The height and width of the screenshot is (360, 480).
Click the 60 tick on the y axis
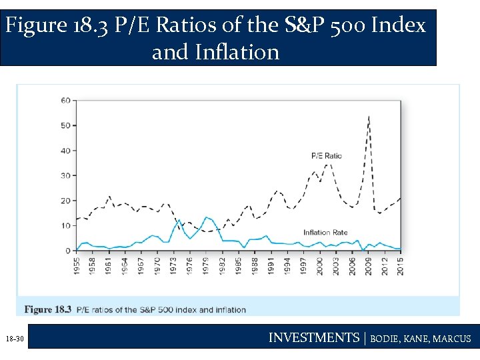(x=65, y=101)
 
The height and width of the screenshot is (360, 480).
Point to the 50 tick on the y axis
(x=65, y=125)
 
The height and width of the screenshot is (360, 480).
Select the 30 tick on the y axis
(x=65, y=175)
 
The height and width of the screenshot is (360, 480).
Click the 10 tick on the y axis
(x=65, y=225)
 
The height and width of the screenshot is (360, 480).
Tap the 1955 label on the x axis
(x=77, y=266)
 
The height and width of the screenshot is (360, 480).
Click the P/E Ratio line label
(x=327, y=156)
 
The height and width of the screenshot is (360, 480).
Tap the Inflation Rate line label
(x=325, y=233)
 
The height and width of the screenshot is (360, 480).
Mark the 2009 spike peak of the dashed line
(x=369, y=117)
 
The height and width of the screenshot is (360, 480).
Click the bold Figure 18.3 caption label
(x=48, y=309)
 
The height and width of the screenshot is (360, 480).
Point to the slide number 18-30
(x=15, y=339)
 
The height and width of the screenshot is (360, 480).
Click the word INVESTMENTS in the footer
(x=313, y=338)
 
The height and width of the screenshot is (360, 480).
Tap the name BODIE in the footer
(x=386, y=339)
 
